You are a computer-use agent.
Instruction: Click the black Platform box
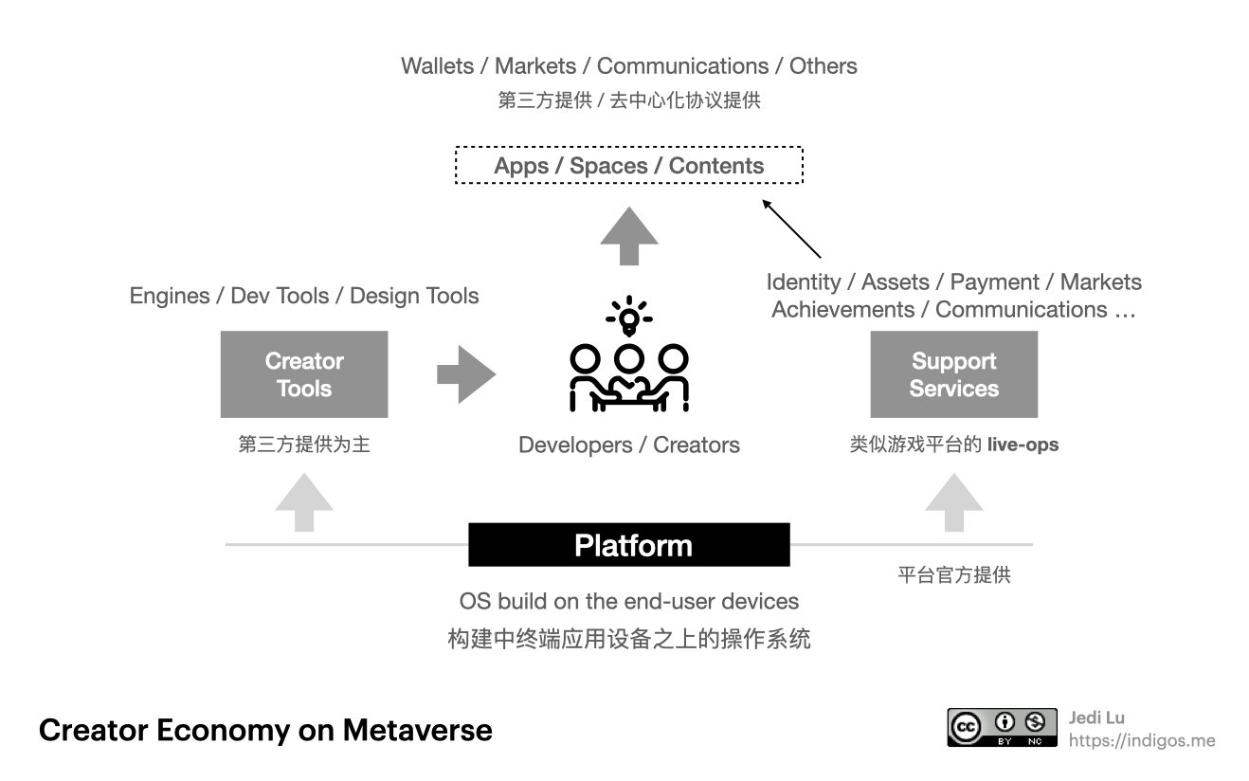pyautogui.click(x=629, y=545)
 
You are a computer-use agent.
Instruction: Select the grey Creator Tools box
pyautogui.click(x=304, y=374)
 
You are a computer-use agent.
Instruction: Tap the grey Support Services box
pyautogui.click(x=953, y=374)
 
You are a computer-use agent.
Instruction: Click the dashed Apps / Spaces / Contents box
pyautogui.click(x=629, y=165)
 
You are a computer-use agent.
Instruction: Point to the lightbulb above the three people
pyautogui.click(x=628, y=317)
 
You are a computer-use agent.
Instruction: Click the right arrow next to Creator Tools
pyautogui.click(x=465, y=374)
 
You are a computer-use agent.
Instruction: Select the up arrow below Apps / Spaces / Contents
pyautogui.click(x=629, y=237)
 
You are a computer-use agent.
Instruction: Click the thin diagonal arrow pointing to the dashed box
pyautogui.click(x=791, y=228)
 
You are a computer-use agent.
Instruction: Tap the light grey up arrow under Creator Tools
pyautogui.click(x=304, y=502)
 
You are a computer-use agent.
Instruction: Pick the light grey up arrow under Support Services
pyautogui.click(x=953, y=502)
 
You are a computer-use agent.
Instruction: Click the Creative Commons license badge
pyautogui.click(x=1002, y=727)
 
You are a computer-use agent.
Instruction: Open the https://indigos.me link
pyautogui.click(x=1141, y=740)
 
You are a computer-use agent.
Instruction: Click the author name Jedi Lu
pyautogui.click(x=1096, y=717)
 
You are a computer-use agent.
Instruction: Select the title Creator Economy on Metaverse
pyautogui.click(x=265, y=730)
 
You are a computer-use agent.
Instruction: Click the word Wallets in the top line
pyautogui.click(x=436, y=66)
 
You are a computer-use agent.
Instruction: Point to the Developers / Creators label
pyautogui.click(x=629, y=445)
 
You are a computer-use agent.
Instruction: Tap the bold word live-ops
pyautogui.click(x=1023, y=444)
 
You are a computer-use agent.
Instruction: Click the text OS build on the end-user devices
pyautogui.click(x=629, y=601)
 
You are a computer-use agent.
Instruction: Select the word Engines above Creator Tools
pyautogui.click(x=169, y=296)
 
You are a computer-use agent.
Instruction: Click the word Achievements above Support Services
pyautogui.click(x=842, y=310)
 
